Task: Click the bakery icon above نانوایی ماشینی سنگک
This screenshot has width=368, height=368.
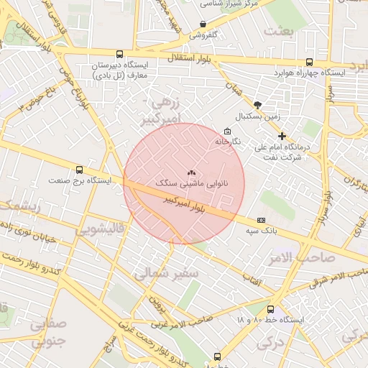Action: click(191, 173)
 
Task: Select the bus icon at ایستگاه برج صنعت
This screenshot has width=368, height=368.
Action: click(79, 170)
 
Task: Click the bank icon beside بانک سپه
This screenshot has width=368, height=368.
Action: click(260, 220)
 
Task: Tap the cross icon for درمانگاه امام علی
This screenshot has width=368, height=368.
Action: click(282, 135)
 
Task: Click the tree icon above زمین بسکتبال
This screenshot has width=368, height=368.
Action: click(257, 104)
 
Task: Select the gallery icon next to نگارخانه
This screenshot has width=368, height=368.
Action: click(228, 131)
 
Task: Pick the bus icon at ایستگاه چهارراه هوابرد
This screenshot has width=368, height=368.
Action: click(309, 63)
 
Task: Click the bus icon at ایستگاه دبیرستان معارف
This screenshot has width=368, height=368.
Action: click(119, 54)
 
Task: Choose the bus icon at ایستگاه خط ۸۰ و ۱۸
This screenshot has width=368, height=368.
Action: click(270, 309)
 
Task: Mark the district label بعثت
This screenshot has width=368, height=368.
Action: click(280, 31)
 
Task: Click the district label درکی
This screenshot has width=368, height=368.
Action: click(270, 344)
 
